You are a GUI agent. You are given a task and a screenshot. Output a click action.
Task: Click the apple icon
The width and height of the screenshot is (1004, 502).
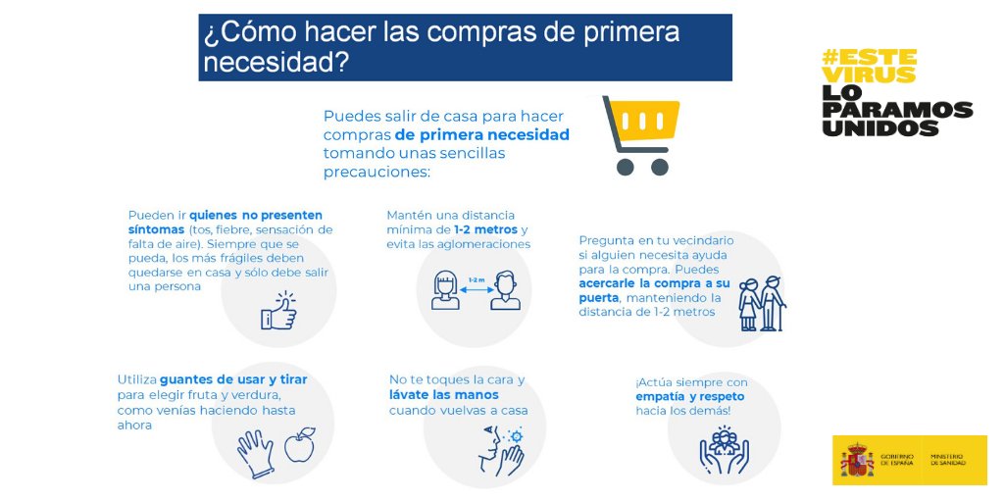tap(299, 446)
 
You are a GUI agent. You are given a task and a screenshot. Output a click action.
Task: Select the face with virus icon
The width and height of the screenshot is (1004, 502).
tap(501, 450)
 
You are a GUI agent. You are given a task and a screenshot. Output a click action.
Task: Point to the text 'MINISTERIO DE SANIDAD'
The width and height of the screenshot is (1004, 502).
tap(947, 460)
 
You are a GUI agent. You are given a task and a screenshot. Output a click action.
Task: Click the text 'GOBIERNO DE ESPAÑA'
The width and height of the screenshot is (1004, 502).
tap(897, 460)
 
